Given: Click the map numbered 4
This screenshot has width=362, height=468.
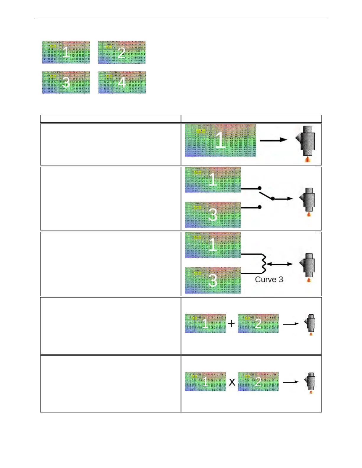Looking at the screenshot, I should coord(122,82).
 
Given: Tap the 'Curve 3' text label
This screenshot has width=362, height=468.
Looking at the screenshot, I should coord(269,279).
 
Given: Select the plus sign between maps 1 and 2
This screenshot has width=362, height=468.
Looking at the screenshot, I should coord(232,324).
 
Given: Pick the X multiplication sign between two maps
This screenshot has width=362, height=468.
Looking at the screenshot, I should coord(232,382).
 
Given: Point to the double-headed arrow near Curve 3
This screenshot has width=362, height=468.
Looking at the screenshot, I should coord(279,264).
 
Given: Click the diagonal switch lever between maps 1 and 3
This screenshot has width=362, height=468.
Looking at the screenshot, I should coord(266,195).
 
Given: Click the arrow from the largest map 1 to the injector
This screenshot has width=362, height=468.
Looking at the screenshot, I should coord(273,140).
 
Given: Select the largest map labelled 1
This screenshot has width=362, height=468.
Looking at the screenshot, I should coord(220,140).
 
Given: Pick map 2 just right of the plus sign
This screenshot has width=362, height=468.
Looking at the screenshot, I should coord(258,324).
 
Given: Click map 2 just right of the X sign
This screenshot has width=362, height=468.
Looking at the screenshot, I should coord(258,381).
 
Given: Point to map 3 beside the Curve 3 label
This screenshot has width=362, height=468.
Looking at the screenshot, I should coord(213,280).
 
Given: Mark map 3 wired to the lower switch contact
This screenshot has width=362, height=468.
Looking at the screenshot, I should coord(213,215).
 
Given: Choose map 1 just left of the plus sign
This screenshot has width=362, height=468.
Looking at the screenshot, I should coord(205,324).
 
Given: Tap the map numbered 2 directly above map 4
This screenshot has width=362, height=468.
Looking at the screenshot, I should coord(122,52).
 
